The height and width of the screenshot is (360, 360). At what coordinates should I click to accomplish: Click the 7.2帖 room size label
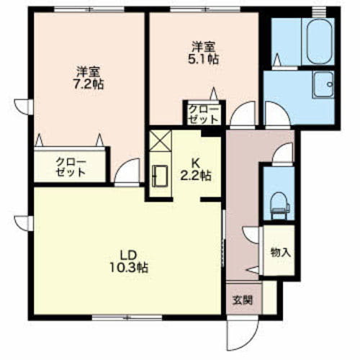[89, 84]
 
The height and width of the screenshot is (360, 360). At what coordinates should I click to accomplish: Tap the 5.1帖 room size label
[204, 59]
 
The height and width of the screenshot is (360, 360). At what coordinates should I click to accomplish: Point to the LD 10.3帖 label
[129, 261]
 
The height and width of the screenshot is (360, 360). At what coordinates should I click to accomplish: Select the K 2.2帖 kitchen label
[196, 170]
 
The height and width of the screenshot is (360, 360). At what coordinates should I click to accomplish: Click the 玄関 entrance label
[243, 300]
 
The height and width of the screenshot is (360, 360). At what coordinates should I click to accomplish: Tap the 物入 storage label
[281, 252]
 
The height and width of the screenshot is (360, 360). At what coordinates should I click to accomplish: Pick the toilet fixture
[279, 206]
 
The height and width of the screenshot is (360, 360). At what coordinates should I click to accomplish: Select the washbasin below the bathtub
[323, 84]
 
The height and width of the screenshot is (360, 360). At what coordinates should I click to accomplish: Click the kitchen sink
[160, 176]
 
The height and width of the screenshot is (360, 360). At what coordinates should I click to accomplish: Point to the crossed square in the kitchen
[160, 140]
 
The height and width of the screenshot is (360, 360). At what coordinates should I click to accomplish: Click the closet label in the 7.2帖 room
[71, 167]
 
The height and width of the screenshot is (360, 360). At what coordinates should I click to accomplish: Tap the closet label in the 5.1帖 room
[204, 114]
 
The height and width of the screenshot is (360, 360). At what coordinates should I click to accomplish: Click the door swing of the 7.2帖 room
[127, 171]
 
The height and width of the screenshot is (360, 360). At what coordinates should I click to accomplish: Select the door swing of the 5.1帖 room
[243, 114]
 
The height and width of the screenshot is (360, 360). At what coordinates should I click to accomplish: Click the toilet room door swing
[283, 153]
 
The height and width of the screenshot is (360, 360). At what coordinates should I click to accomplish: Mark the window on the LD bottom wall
[127, 318]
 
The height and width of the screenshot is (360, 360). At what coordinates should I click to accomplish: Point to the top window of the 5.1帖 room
[206, 9]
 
